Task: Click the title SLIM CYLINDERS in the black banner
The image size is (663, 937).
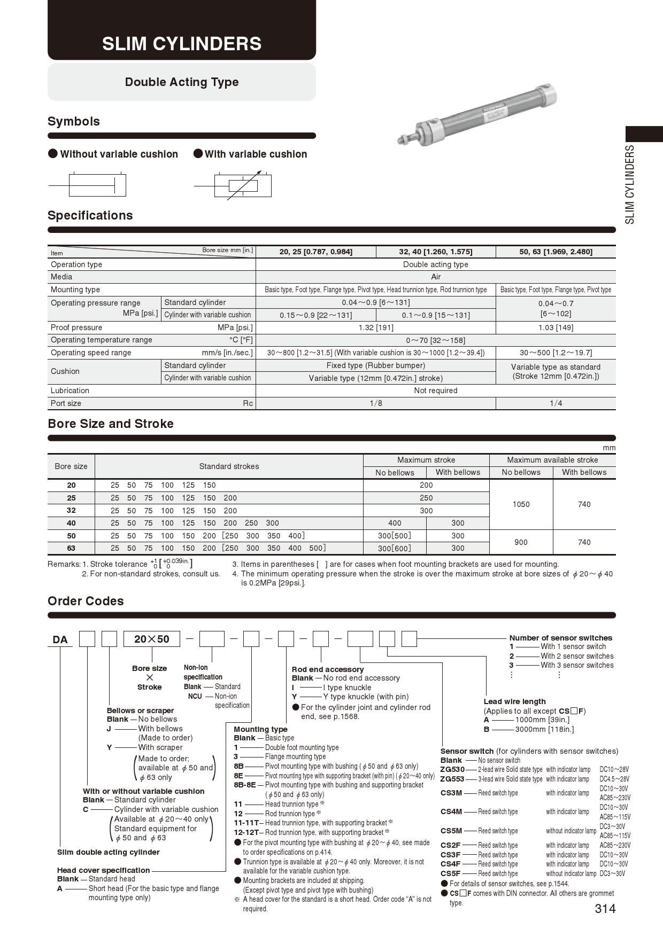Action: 182,43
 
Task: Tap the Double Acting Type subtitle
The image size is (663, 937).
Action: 182,82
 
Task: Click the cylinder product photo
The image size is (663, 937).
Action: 477,114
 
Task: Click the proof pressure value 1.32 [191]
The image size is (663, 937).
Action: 376,327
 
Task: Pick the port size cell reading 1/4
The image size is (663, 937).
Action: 556,403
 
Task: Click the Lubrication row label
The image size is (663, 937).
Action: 70,391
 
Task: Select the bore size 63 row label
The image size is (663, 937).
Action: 71,548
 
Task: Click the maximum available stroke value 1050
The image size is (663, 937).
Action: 521,504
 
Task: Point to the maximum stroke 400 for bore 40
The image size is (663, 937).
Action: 395,523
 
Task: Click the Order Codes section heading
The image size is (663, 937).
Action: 86,601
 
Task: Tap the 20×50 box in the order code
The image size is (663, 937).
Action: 152,639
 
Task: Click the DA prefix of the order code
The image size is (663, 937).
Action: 60,639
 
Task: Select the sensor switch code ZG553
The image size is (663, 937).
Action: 452,779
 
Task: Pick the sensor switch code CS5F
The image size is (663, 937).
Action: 451,873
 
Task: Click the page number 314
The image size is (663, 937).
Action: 605,909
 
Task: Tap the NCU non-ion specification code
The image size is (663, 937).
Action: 195,696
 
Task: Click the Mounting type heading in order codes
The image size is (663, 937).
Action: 260,729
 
